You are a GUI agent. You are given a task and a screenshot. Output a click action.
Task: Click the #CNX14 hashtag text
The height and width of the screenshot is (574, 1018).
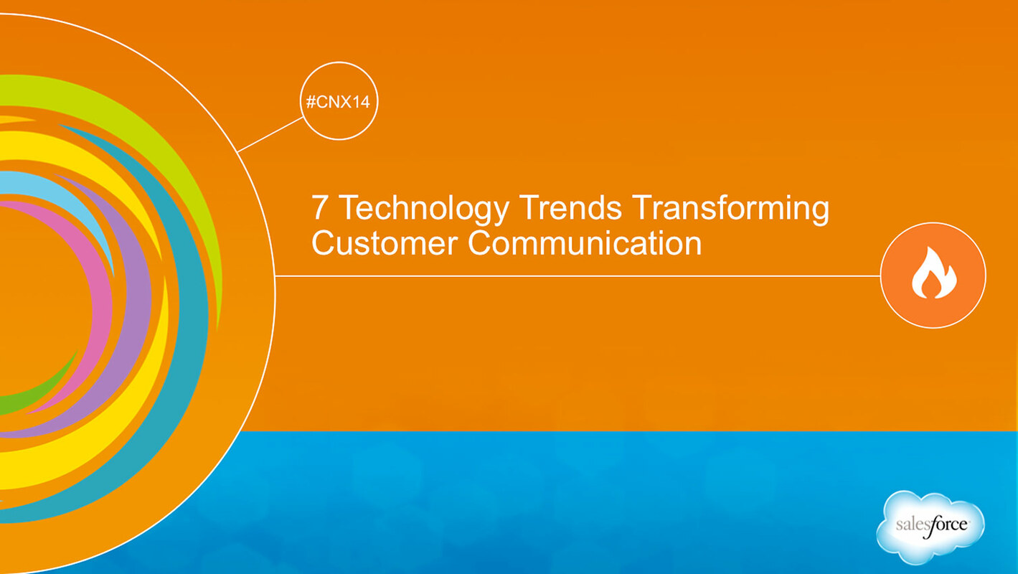tap(337, 102)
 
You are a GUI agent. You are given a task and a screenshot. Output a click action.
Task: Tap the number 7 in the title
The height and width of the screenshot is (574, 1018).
tap(320, 209)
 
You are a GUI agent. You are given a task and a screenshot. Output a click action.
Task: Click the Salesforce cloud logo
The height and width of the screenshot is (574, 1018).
tap(930, 526)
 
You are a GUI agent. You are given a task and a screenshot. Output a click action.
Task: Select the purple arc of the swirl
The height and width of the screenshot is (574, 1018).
tap(136, 301)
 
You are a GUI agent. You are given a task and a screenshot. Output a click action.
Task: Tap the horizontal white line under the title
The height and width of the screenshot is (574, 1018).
tap(574, 276)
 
